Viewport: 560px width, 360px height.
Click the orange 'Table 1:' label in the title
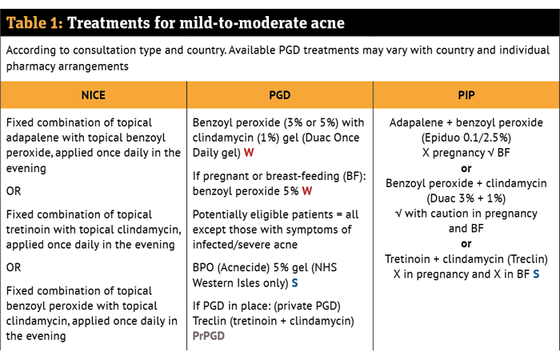(x=34, y=23)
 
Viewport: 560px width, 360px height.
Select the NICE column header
(x=94, y=95)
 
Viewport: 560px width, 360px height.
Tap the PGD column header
(x=280, y=95)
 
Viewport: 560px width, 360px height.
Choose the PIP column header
(x=466, y=95)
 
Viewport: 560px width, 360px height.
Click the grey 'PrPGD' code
(x=209, y=336)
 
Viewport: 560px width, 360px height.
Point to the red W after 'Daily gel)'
(x=249, y=153)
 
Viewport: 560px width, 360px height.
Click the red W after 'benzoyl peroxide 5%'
(x=306, y=191)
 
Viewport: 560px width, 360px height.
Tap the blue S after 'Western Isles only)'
(x=294, y=283)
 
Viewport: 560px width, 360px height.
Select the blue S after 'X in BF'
(x=536, y=274)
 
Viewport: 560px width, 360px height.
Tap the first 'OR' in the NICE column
(x=14, y=191)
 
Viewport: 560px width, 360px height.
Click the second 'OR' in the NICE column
(x=14, y=267)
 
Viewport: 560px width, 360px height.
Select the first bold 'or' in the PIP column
(x=466, y=169)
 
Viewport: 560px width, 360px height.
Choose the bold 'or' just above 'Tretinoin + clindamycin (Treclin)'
(x=466, y=244)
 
